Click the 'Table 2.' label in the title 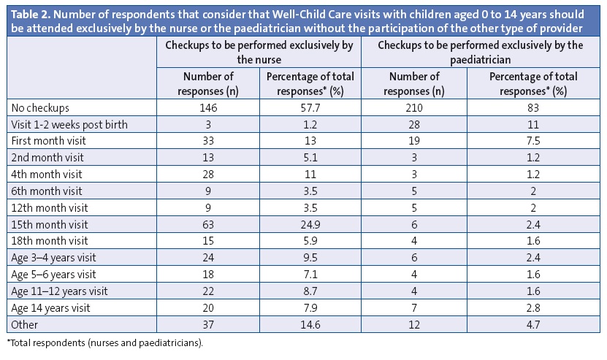[x=28, y=10]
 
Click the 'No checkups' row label [x=38, y=107]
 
